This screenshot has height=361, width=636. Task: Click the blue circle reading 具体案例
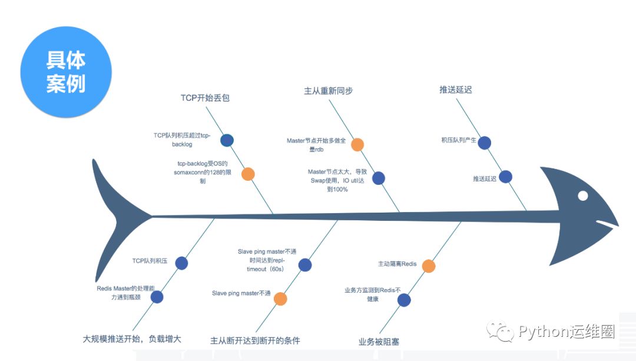click(66, 72)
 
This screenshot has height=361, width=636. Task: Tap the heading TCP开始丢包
click(205, 98)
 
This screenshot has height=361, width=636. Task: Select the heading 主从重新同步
click(328, 91)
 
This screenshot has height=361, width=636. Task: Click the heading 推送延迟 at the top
click(456, 90)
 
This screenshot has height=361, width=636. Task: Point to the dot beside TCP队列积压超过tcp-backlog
click(227, 140)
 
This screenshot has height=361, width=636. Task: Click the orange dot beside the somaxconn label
click(248, 174)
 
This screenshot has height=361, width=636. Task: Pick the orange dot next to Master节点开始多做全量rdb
click(357, 144)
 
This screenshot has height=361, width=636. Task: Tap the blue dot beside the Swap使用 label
click(379, 178)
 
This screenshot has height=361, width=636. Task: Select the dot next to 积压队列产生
click(485, 143)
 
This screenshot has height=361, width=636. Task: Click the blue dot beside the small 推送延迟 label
click(505, 177)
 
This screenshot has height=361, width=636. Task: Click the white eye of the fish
click(582, 196)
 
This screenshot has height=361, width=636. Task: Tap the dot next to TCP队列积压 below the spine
click(181, 263)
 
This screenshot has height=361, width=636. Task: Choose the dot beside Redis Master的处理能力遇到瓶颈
click(157, 297)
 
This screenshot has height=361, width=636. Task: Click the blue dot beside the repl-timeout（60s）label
click(304, 265)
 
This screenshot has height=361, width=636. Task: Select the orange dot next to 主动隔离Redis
click(428, 266)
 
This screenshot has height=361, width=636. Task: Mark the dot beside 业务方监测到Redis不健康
click(404, 300)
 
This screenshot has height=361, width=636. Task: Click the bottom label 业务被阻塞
click(379, 341)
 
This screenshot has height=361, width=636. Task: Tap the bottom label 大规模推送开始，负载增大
click(132, 339)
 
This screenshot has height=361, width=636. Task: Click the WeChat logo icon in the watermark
click(505, 332)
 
